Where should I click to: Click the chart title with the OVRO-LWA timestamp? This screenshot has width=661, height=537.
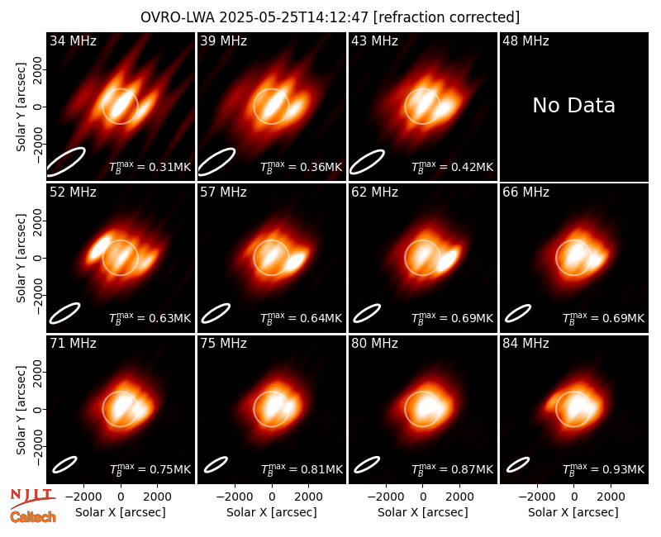coord(330,17)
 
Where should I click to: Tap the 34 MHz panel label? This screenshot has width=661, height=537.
coord(73,40)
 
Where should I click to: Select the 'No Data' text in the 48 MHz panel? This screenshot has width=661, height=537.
coord(573,105)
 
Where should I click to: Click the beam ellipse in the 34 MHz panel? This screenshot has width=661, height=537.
coord(66,161)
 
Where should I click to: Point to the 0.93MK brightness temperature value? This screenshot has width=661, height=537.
coord(603,469)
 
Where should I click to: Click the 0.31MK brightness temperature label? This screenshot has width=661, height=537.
coord(150,167)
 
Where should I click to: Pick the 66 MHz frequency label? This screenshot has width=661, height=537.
coord(525,192)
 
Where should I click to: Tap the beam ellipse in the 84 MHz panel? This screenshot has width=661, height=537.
coord(518,464)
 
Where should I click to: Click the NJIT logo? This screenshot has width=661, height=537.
coord(32,498)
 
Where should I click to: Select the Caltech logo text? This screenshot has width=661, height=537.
coord(33,517)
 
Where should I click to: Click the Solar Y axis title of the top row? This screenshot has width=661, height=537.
coord(21,107)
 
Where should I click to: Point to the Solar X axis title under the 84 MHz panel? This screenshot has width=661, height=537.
coord(573,512)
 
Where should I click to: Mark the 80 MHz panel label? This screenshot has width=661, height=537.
coord(374,344)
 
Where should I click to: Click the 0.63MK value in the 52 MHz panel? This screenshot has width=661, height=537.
coord(150,318)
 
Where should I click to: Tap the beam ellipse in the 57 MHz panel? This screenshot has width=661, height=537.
coord(216,313)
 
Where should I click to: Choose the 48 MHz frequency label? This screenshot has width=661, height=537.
coord(525,40)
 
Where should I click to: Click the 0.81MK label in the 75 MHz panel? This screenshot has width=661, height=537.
coord(302,469)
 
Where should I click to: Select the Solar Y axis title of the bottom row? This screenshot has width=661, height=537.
coord(21,410)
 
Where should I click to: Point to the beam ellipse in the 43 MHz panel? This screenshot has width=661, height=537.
coord(367,162)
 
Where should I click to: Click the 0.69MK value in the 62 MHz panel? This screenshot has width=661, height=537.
coord(452,318)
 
